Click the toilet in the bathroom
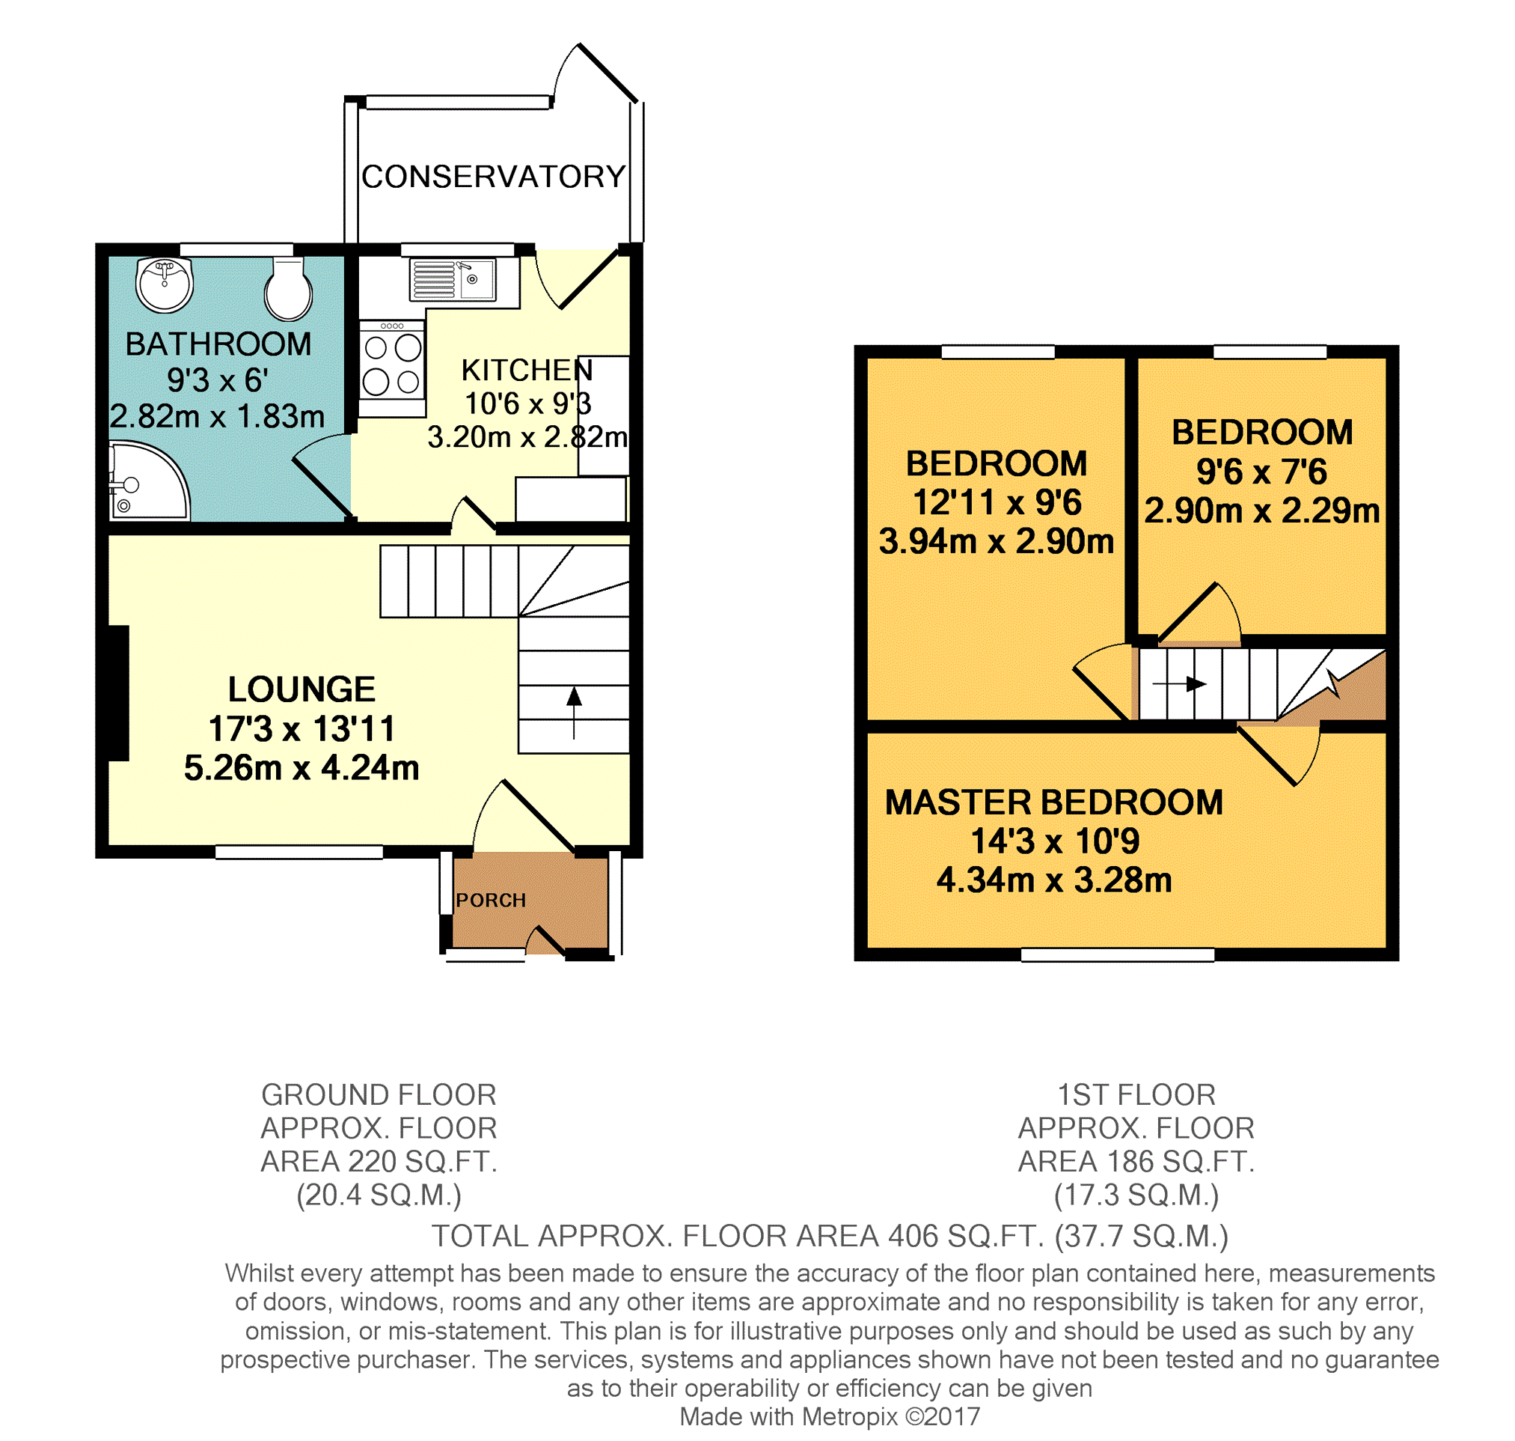tap(288, 289)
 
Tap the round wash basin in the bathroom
tap(165, 285)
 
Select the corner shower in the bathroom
tap(148, 481)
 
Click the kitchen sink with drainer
tap(454, 280)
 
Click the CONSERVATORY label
tap(494, 177)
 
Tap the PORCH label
tap(491, 901)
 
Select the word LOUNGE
tap(302, 689)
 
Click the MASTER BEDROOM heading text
tap(1053, 802)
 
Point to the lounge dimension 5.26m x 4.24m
tap(302, 768)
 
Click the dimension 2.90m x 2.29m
tap(1261, 511)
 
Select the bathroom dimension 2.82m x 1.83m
tap(217, 416)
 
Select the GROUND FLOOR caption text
tap(379, 1094)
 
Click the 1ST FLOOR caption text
tap(1136, 1094)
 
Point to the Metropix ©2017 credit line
tap(830, 1417)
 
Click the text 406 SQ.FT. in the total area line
tap(966, 1237)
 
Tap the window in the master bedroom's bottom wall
tap(1117, 954)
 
